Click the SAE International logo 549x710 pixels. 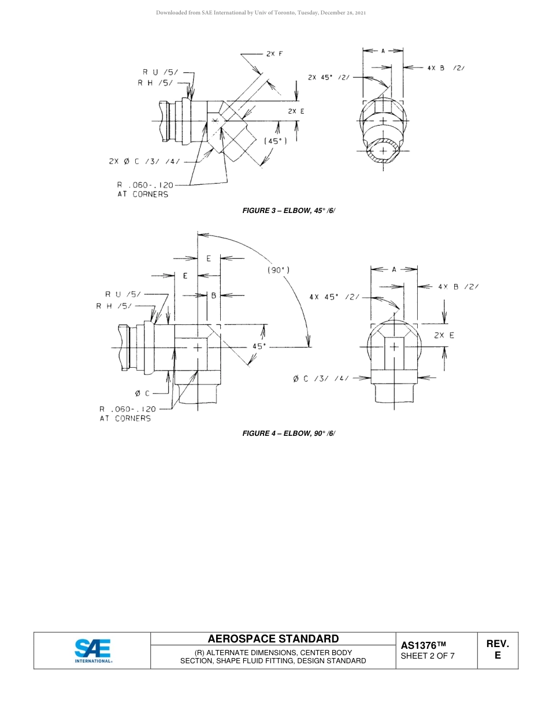coord(92,651)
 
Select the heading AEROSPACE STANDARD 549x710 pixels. coord(273,638)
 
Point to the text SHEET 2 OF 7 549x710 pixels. coord(428,656)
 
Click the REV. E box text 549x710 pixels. coord(498,649)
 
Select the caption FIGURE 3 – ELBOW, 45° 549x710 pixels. coord(289,211)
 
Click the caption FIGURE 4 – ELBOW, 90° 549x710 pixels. coord(289,433)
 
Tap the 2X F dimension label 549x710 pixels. coord(274,54)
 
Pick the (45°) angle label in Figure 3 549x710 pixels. coord(275,141)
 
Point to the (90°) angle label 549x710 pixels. coord(279,270)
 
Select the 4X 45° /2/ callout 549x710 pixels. coord(333,297)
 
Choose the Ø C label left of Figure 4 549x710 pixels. coord(142,393)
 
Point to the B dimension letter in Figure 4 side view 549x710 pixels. coord(213,296)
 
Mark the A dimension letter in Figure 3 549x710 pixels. coord(383,51)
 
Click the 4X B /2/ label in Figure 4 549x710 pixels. coord(458,286)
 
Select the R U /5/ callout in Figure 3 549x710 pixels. coord(161,72)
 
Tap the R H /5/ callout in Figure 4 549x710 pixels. coord(114,306)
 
